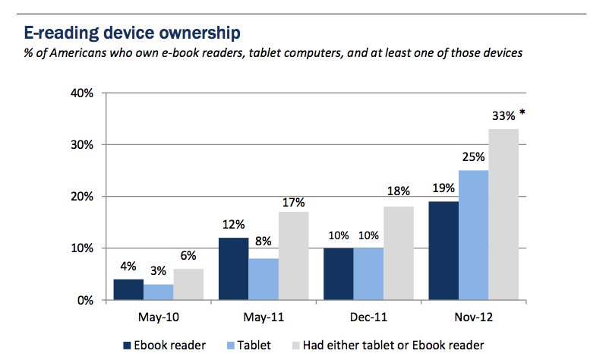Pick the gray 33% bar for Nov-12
pos(503,214)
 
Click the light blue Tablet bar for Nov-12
pos(474,235)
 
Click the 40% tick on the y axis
pos(81,93)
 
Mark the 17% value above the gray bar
pos(294,201)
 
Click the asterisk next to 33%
pos(522,114)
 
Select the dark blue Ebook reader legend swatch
pos(128,346)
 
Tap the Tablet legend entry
pos(246,346)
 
